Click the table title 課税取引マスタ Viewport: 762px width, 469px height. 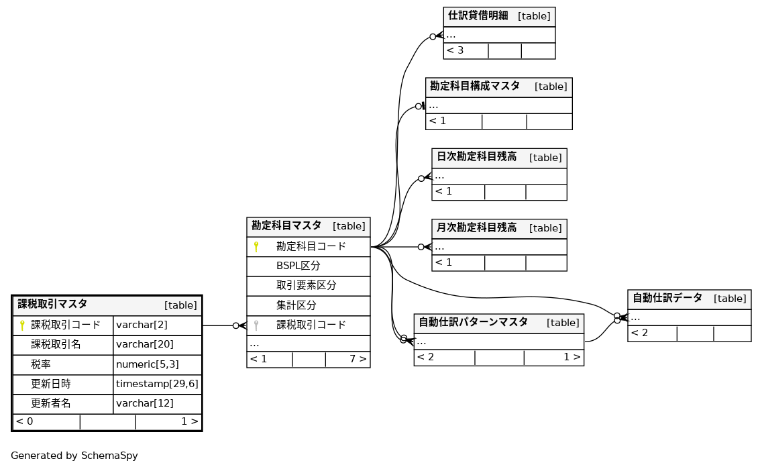click(52, 304)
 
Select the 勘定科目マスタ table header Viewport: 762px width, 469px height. click(286, 226)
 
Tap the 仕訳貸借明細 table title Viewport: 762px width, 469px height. click(478, 15)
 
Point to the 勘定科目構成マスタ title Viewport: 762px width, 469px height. click(475, 86)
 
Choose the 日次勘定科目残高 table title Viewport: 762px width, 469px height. click(476, 157)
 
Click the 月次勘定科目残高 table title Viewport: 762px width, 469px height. click(476, 227)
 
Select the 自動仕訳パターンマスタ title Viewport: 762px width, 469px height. click(473, 322)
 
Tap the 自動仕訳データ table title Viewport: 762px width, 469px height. click(667, 298)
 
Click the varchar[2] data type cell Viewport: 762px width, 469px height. click(142, 325)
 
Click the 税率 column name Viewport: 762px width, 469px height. click(41, 365)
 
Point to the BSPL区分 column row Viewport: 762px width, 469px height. click(298, 266)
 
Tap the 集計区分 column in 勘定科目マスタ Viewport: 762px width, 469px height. click(296, 305)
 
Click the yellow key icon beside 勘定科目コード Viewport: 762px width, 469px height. click(256, 247)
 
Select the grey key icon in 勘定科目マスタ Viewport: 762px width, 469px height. click(256, 325)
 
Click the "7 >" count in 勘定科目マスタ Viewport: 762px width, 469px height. click(358, 359)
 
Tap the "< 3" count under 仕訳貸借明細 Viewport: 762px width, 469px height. click(455, 50)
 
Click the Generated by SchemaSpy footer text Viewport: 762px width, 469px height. click(74, 456)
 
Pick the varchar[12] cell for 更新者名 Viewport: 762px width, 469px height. click(145, 404)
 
